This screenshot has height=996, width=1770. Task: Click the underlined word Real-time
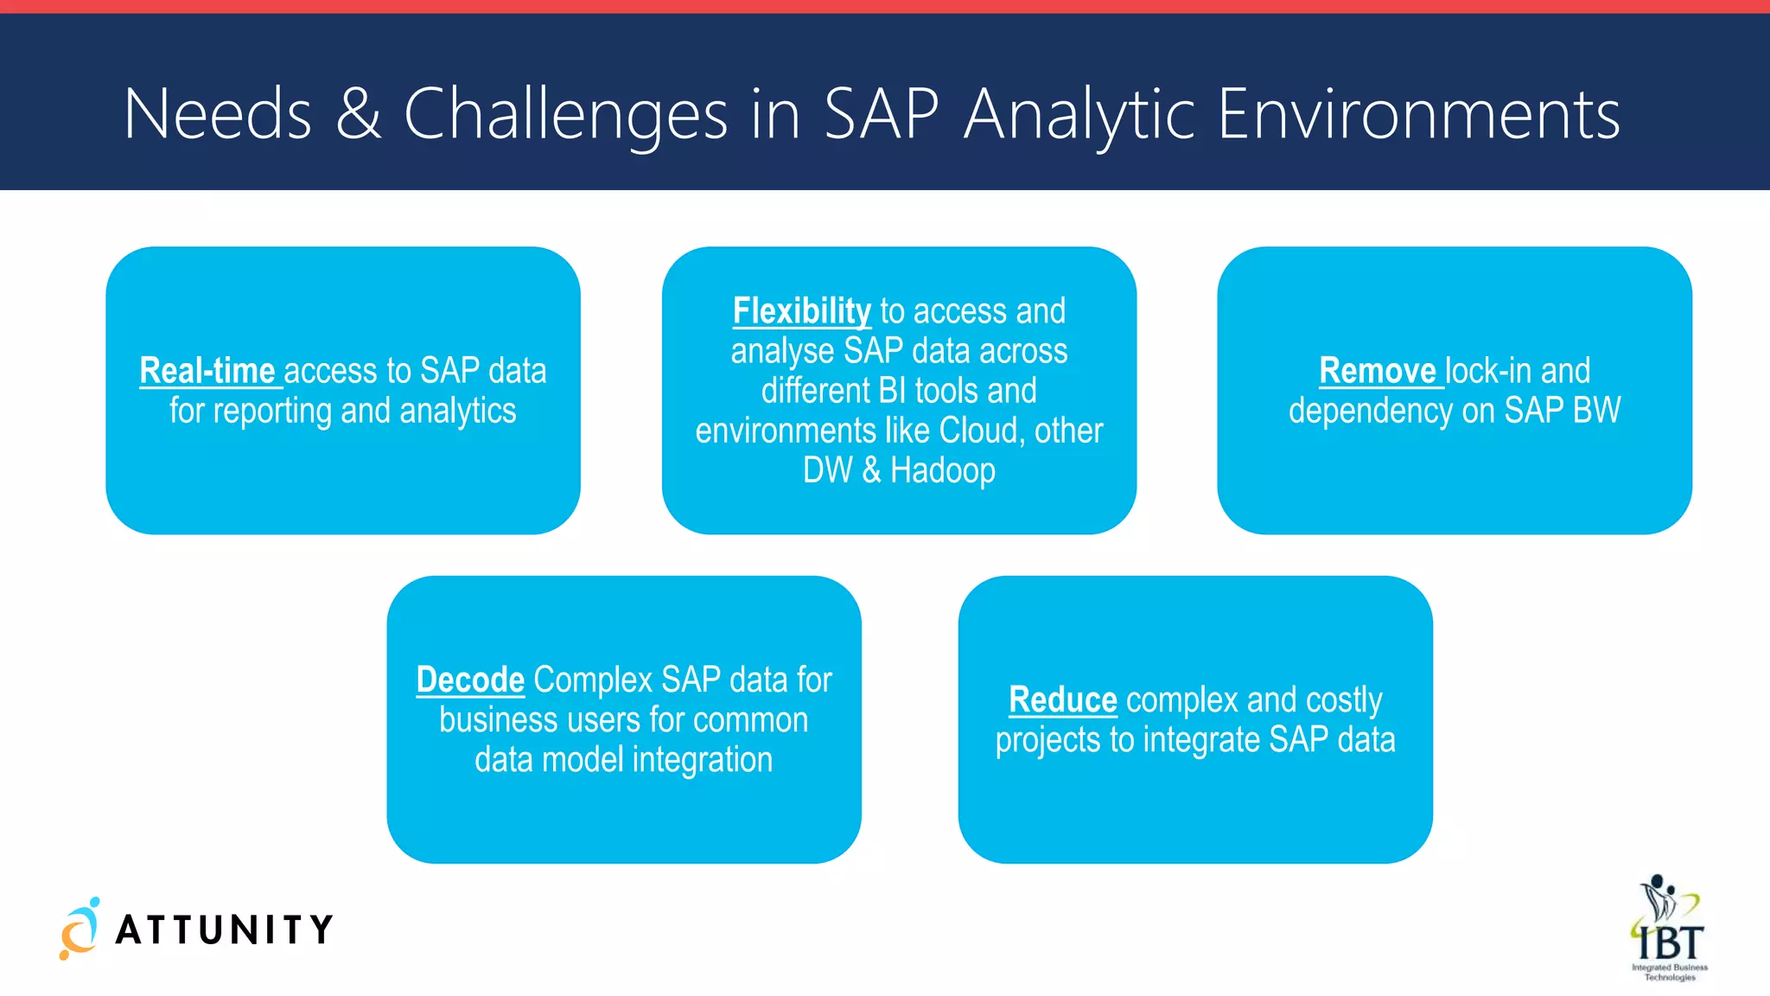(x=207, y=371)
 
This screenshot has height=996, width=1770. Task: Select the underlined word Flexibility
(x=801, y=311)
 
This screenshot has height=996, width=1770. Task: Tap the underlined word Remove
(x=1377, y=371)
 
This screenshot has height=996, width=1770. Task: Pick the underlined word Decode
(x=470, y=680)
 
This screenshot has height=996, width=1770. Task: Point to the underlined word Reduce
(x=1062, y=700)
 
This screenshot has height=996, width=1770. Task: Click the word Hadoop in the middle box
(x=942, y=471)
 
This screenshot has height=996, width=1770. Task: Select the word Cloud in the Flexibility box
(x=978, y=431)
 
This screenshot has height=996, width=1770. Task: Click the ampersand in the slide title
(x=358, y=114)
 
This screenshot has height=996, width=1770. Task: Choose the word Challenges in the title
(x=566, y=114)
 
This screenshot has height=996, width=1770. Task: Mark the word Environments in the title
(x=1418, y=114)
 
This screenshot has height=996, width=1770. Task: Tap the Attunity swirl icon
(x=80, y=929)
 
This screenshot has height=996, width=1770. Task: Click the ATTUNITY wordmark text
(x=225, y=930)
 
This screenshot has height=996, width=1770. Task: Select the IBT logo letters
(x=1671, y=941)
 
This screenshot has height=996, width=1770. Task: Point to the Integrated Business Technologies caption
(x=1670, y=972)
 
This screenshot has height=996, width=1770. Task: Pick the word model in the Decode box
(x=583, y=760)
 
